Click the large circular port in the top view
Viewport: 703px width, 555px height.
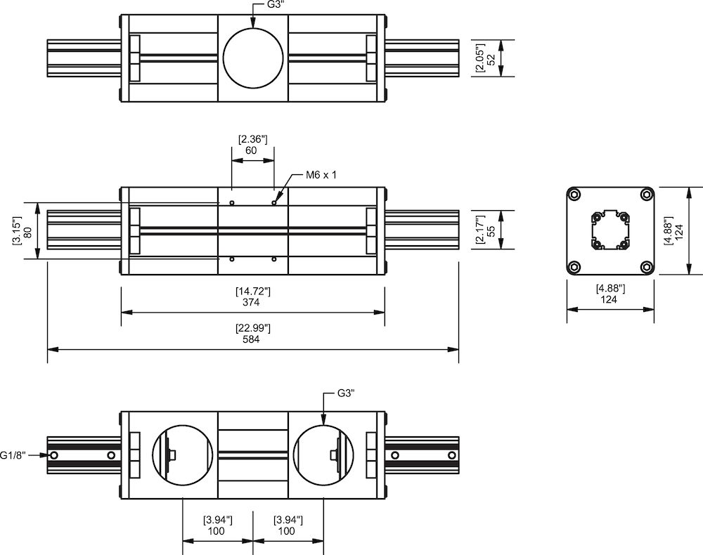[x=253, y=58]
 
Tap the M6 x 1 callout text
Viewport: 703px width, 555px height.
[x=321, y=175]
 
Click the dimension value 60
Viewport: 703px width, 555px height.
[x=251, y=150]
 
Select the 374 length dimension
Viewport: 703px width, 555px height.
[x=251, y=303]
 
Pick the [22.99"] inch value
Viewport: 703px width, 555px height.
[x=252, y=328]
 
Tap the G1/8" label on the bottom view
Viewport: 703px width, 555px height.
[x=13, y=455]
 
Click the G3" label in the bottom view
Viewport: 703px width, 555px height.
[x=345, y=393]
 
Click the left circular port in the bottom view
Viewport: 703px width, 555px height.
[x=183, y=455]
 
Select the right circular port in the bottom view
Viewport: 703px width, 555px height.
[x=323, y=455]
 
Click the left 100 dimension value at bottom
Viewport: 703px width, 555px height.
[x=217, y=532]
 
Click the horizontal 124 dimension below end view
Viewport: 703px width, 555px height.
[x=610, y=300]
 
